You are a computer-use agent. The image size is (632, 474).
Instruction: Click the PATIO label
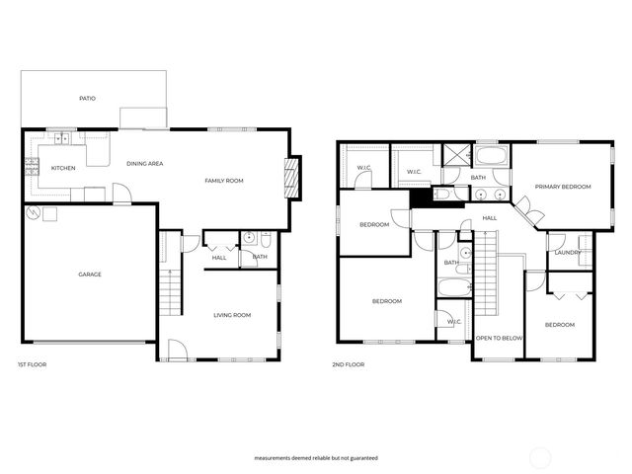(x=87, y=99)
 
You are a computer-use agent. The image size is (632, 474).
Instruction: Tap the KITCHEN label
(x=63, y=168)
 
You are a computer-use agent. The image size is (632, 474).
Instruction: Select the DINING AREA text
(x=144, y=163)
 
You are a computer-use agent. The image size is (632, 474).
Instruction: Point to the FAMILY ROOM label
(x=223, y=181)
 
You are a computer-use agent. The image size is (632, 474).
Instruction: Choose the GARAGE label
(x=90, y=275)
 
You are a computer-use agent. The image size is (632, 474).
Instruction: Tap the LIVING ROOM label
(x=233, y=315)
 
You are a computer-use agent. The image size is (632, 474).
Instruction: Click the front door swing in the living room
(x=176, y=349)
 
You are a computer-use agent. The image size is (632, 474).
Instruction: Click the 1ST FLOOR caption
(x=32, y=364)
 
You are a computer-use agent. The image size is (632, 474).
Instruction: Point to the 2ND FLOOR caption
(x=349, y=364)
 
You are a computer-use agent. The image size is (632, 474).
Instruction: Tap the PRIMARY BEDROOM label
(x=563, y=187)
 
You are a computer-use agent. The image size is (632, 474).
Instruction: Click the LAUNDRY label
(x=567, y=253)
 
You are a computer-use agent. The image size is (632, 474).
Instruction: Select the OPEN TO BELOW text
(x=499, y=339)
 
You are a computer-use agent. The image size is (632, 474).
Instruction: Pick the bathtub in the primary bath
(x=491, y=156)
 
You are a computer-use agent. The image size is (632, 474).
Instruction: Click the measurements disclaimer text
(x=315, y=458)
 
